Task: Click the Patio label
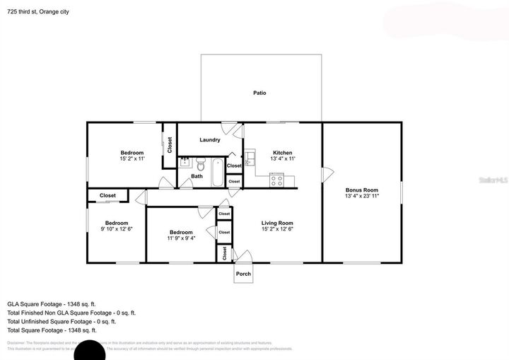[x=259, y=93]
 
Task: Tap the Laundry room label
[x=210, y=139]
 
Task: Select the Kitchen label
[x=283, y=153]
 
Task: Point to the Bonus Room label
[x=362, y=190]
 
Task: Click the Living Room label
[x=277, y=223]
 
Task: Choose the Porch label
[x=243, y=274]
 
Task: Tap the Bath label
[x=197, y=176]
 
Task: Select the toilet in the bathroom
[x=200, y=164]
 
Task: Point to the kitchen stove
[x=276, y=180]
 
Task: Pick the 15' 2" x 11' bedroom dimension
[x=132, y=159]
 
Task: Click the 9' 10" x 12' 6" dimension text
[x=117, y=229]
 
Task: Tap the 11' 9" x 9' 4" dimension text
[x=181, y=238]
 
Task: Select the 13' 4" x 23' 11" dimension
[x=362, y=196]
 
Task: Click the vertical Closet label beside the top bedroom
[x=170, y=144]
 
